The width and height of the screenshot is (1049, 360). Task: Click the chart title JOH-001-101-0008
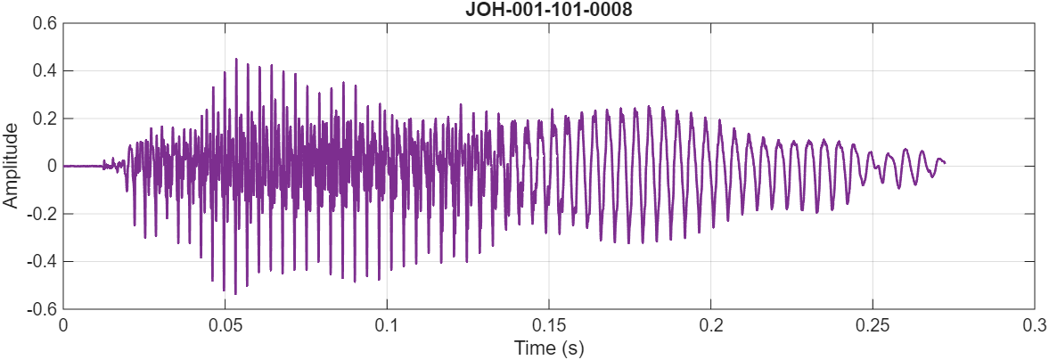[x=548, y=11]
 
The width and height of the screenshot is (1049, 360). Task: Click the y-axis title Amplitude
[x=11, y=167]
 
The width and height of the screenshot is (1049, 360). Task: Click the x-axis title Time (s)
[x=548, y=348]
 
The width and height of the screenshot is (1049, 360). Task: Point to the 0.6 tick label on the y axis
[x=45, y=24]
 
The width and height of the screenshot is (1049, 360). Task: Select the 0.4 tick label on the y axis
[x=45, y=71]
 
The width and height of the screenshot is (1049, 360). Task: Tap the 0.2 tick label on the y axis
[x=45, y=119]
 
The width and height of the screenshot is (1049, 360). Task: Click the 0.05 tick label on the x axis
[x=225, y=324]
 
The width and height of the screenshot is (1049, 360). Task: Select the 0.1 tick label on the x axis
[x=387, y=324]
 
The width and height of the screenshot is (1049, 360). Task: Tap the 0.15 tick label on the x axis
[x=549, y=324]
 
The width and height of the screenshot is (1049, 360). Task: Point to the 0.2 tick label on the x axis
[x=711, y=324]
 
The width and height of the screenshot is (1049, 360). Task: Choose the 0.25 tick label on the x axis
[x=873, y=324]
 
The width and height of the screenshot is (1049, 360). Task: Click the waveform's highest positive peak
[x=236, y=59]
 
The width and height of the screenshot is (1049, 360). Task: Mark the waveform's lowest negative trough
[x=235, y=293]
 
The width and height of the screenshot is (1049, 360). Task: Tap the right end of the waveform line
[x=945, y=162]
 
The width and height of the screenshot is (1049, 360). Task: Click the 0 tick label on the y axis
[x=53, y=167]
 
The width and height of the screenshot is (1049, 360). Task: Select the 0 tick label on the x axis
[x=63, y=324]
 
